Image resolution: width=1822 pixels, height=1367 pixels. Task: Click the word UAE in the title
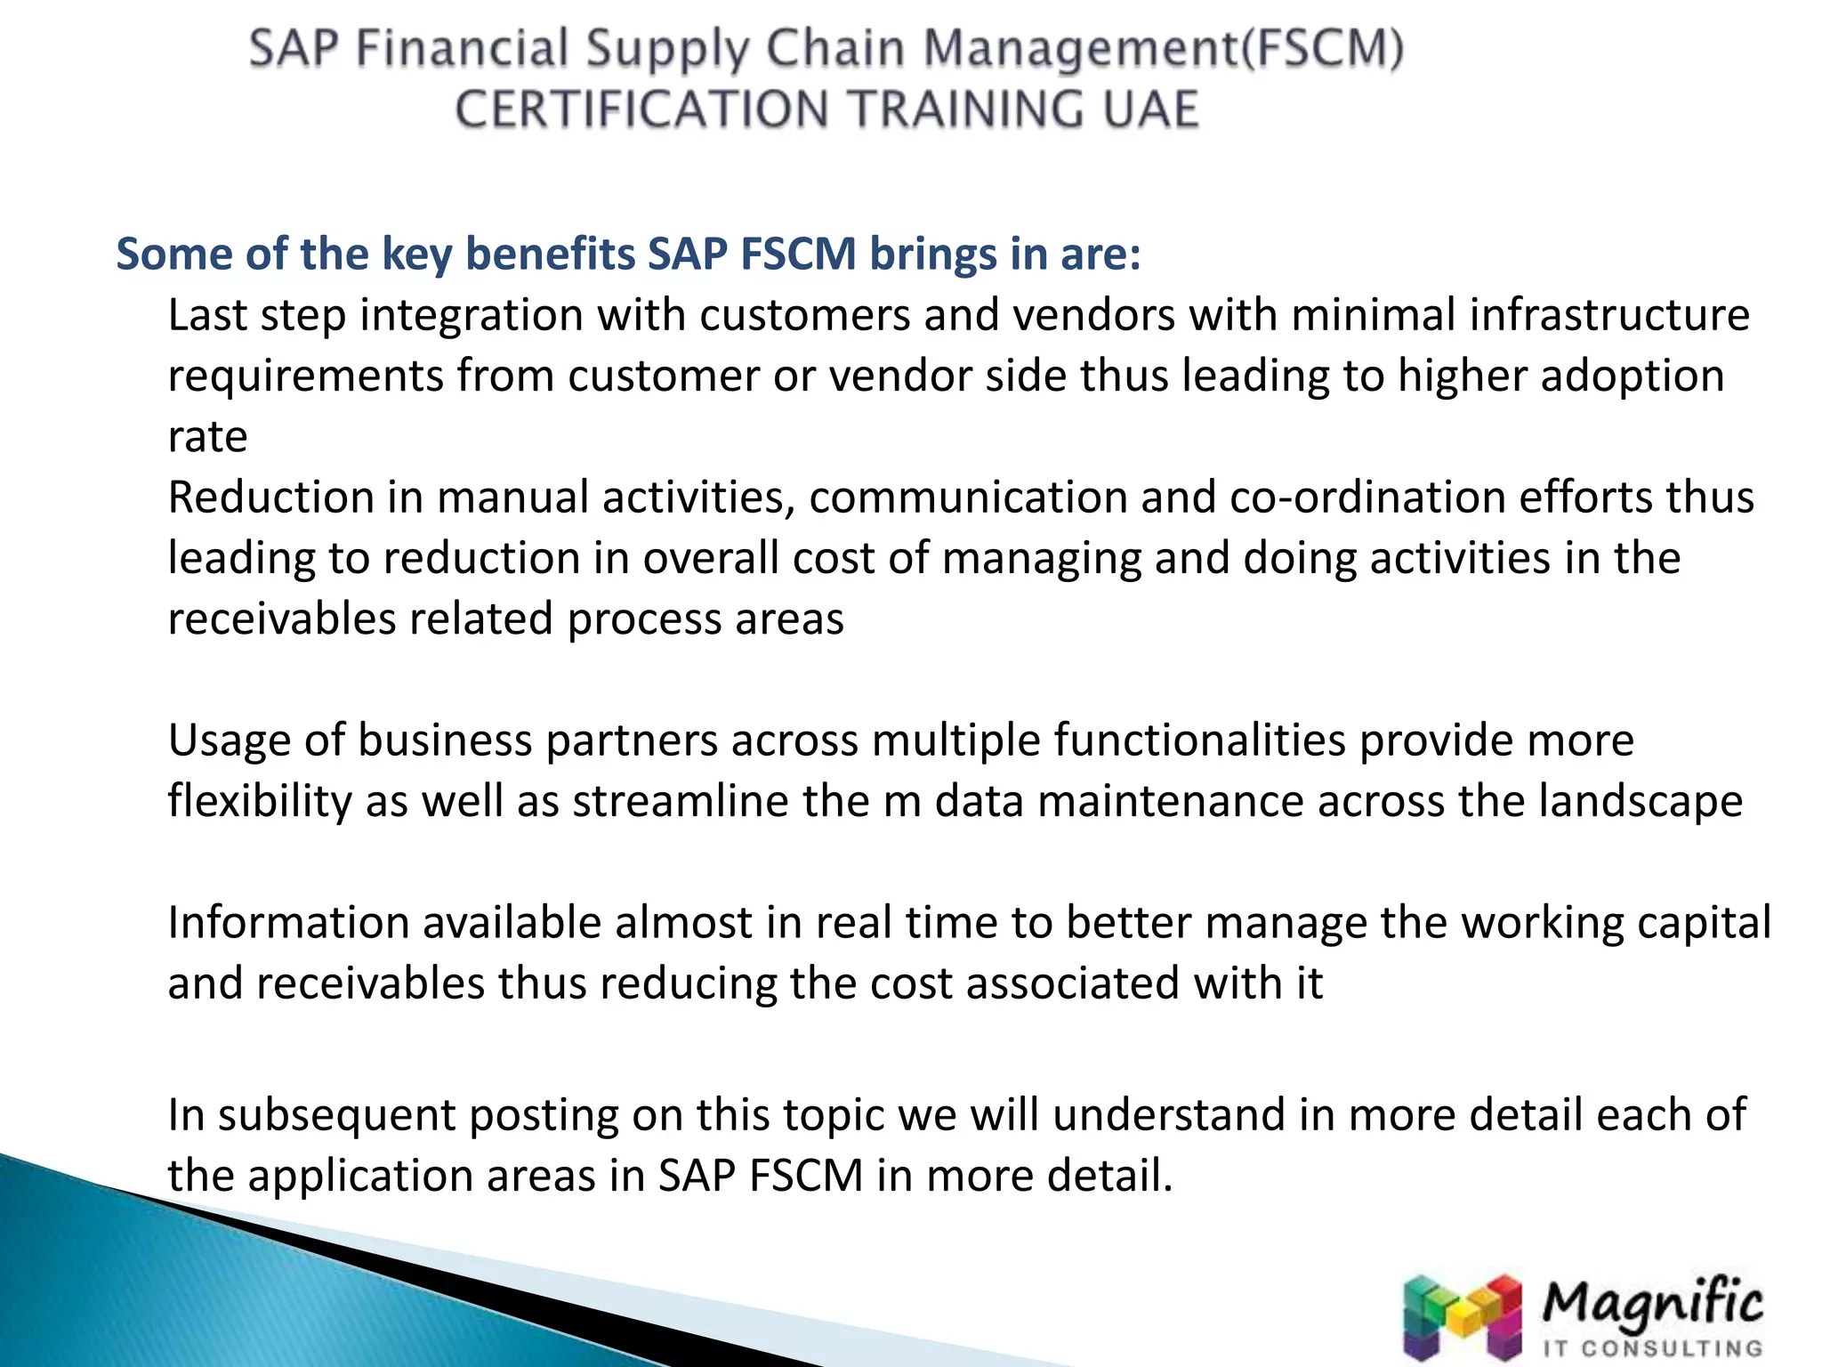click(x=1151, y=110)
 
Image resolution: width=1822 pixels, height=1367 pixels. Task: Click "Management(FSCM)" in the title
click(x=1163, y=49)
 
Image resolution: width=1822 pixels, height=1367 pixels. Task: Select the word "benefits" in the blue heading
click(x=550, y=254)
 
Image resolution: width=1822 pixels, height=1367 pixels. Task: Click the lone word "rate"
click(x=207, y=437)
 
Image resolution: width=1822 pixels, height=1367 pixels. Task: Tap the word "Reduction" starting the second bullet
click(x=270, y=497)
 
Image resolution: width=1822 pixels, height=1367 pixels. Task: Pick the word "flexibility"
click(x=260, y=801)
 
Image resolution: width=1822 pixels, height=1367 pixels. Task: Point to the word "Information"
click(x=288, y=923)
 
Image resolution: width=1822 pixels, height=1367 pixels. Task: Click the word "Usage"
click(x=229, y=740)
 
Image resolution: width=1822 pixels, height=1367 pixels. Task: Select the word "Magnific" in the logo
click(x=1651, y=1304)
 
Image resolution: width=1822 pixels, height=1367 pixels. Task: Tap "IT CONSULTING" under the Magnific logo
click(x=1651, y=1349)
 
